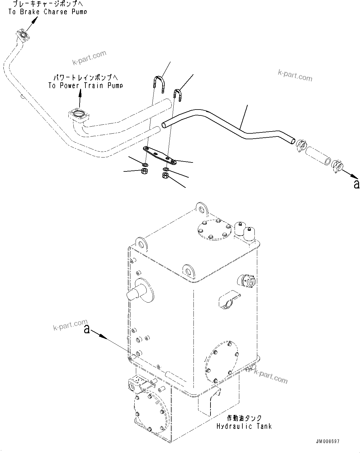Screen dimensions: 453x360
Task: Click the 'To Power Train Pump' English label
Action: (85, 86)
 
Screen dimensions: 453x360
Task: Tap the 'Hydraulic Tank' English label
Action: (244, 426)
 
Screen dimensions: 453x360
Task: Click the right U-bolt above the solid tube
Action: (177, 93)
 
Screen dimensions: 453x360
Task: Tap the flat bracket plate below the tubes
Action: (159, 156)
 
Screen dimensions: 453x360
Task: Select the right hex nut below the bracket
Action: (165, 176)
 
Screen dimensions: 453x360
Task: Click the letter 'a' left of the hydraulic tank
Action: (87, 330)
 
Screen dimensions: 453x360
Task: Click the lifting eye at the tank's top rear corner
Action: (202, 209)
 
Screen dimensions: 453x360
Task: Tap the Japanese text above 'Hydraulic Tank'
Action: (244, 418)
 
